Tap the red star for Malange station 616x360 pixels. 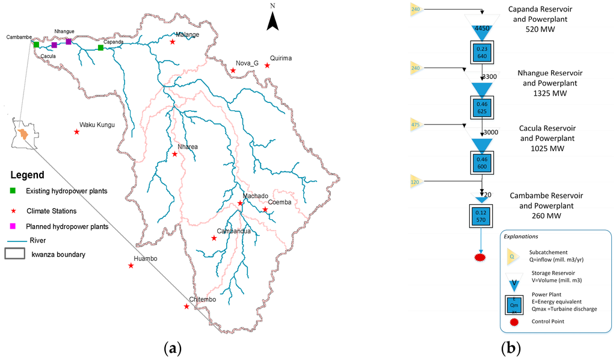(x=173, y=42)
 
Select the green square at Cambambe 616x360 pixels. (x=36, y=45)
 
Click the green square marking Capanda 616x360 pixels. (x=100, y=47)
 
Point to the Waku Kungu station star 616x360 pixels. (x=76, y=132)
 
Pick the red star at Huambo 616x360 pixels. (x=131, y=265)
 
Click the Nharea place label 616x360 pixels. (x=187, y=146)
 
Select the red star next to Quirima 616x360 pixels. (x=267, y=66)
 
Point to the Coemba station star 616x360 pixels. (x=265, y=209)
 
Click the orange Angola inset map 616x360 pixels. (x=22, y=134)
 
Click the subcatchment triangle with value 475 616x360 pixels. (x=416, y=125)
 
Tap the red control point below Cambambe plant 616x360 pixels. (x=481, y=258)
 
